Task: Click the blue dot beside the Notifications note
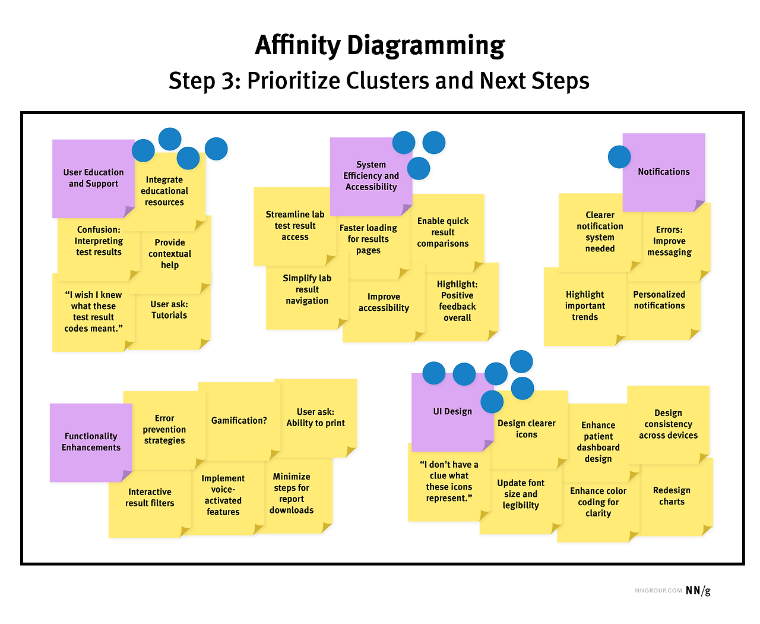click(x=619, y=157)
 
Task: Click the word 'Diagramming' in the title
click(x=425, y=46)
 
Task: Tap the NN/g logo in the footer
click(x=698, y=590)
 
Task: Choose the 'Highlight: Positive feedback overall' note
click(x=457, y=301)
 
